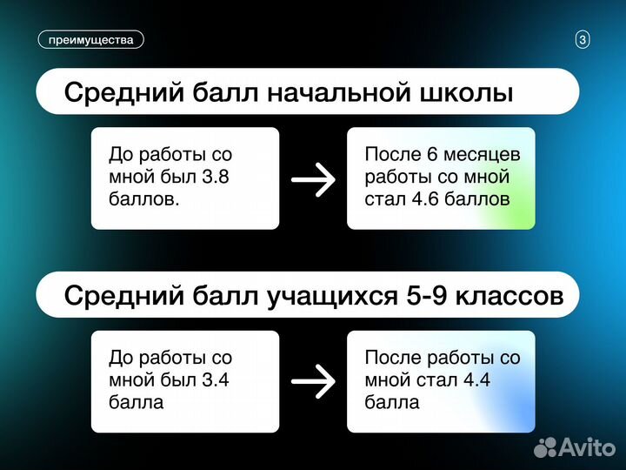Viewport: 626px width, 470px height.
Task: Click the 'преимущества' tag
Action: (x=90, y=39)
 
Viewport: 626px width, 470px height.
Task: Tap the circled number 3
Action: (x=583, y=39)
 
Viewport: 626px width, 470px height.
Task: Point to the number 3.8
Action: (x=217, y=178)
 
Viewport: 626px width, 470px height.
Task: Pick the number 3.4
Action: (x=217, y=379)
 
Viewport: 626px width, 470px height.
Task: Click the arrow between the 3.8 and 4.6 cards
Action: (x=313, y=179)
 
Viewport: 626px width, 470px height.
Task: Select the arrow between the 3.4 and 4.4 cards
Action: (x=313, y=381)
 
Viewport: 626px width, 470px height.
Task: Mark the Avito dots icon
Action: (x=544, y=447)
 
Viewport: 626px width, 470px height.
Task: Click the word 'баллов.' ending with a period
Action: (x=143, y=198)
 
